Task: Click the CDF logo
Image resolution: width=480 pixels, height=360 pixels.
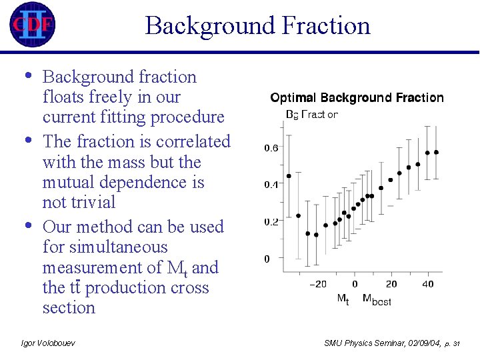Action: coord(33,25)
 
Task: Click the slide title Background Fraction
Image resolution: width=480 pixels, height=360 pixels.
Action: coord(257,26)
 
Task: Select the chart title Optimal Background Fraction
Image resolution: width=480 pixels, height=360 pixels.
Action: coord(357,98)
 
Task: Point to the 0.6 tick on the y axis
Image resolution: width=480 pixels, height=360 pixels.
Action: coord(271,148)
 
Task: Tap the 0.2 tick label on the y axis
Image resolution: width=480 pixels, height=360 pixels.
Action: coord(271,221)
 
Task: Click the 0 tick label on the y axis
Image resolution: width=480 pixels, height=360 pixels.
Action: coord(267,258)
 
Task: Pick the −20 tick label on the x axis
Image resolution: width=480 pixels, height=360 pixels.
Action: coord(318,284)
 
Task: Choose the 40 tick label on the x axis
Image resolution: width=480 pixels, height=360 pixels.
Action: coord(427,284)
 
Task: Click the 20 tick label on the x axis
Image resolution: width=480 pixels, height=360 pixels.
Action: coord(391,284)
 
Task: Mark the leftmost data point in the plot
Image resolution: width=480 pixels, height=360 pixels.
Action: coord(289,176)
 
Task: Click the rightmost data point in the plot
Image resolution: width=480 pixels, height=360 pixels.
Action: coord(436,152)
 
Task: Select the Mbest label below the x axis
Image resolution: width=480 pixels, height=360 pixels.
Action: coord(377,301)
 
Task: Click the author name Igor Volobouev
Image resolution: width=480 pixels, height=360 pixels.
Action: coord(48,343)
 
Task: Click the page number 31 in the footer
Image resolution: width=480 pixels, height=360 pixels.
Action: coord(456,343)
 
